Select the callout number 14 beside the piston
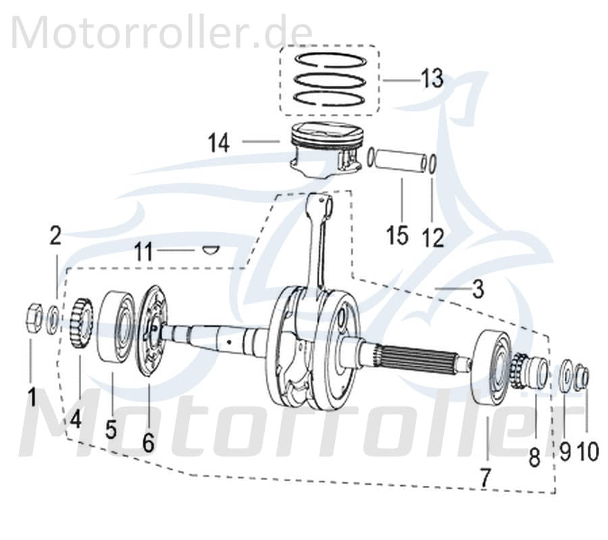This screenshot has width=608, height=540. (x=219, y=143)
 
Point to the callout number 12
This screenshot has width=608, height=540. (x=433, y=236)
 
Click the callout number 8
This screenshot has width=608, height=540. (x=534, y=458)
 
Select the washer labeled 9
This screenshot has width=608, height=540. (x=565, y=373)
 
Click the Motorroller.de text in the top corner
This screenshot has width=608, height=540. (x=162, y=32)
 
